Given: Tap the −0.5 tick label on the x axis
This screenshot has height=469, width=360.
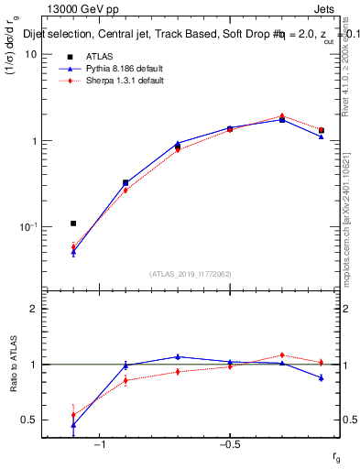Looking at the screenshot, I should pyautogui.click(x=229, y=443).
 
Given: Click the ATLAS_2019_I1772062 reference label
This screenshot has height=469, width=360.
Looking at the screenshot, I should pyautogui.click(x=191, y=274).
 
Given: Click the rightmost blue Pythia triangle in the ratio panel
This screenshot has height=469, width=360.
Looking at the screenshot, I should pyautogui.click(x=322, y=377).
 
